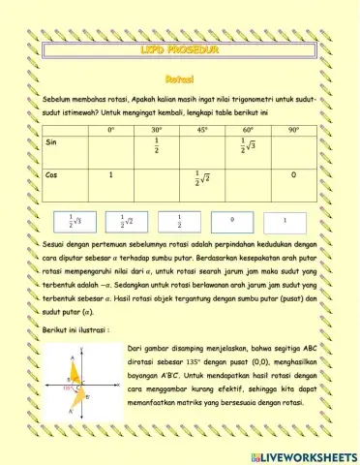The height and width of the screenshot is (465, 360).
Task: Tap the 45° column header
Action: point(202,129)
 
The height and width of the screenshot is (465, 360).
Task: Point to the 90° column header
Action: point(293,129)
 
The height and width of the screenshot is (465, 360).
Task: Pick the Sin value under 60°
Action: point(249,146)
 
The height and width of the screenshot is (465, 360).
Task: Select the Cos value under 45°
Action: point(202,179)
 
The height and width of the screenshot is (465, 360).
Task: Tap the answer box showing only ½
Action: point(181,221)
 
